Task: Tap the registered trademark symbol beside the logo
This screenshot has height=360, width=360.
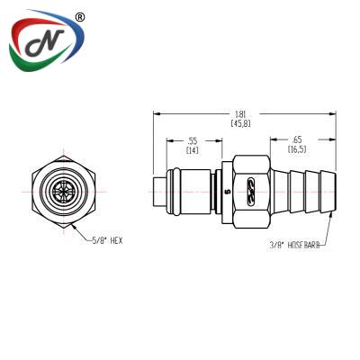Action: coord(79,18)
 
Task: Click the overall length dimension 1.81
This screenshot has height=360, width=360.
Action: coord(240,114)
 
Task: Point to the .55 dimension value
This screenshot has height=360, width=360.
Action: coord(193,140)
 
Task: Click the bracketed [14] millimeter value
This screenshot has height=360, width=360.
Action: coord(193,150)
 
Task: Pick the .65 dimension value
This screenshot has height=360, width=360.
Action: coord(297,139)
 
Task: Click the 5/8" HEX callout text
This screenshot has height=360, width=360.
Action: coord(107,240)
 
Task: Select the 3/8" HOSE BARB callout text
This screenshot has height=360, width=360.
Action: coord(294,245)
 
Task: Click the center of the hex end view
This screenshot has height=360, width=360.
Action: coord(64,192)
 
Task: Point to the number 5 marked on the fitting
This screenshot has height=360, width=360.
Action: coord(227,191)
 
